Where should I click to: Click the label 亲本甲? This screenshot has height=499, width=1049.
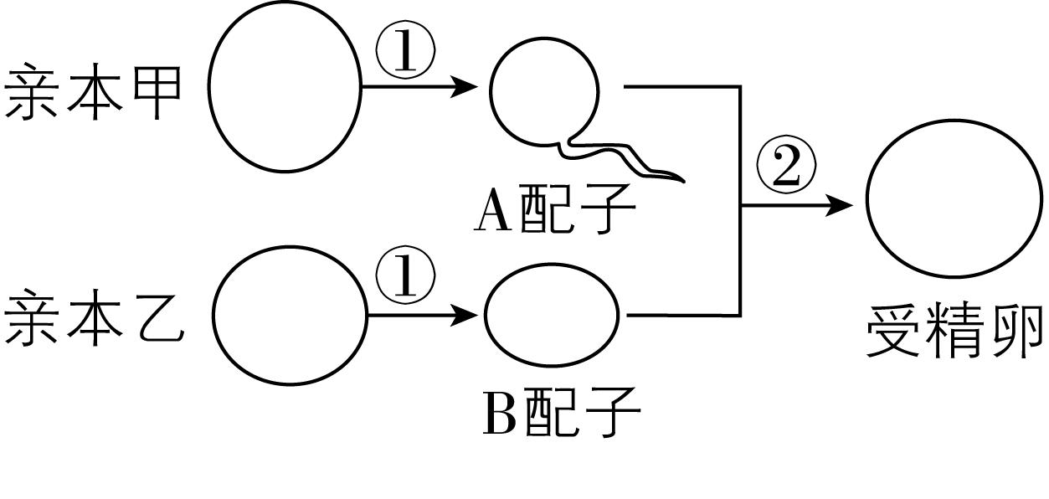(x=93, y=91)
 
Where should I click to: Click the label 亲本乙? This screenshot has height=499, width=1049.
(x=93, y=317)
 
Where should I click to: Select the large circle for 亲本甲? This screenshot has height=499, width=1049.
(x=284, y=86)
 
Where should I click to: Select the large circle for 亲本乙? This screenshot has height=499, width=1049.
(x=290, y=315)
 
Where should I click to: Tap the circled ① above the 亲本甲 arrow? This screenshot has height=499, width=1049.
(x=405, y=52)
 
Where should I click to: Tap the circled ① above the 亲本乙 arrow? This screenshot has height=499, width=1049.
(x=405, y=277)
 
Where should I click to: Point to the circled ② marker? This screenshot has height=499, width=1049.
(x=786, y=167)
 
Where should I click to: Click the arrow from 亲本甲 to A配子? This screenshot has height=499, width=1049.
(x=419, y=86)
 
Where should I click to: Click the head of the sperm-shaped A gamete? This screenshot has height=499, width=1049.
(x=544, y=90)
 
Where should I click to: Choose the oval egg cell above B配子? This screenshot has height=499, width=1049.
(x=552, y=315)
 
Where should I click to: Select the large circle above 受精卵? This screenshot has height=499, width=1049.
(x=954, y=199)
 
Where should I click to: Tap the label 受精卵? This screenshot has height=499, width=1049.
(x=954, y=330)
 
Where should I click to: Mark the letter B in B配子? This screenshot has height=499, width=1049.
(x=500, y=414)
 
